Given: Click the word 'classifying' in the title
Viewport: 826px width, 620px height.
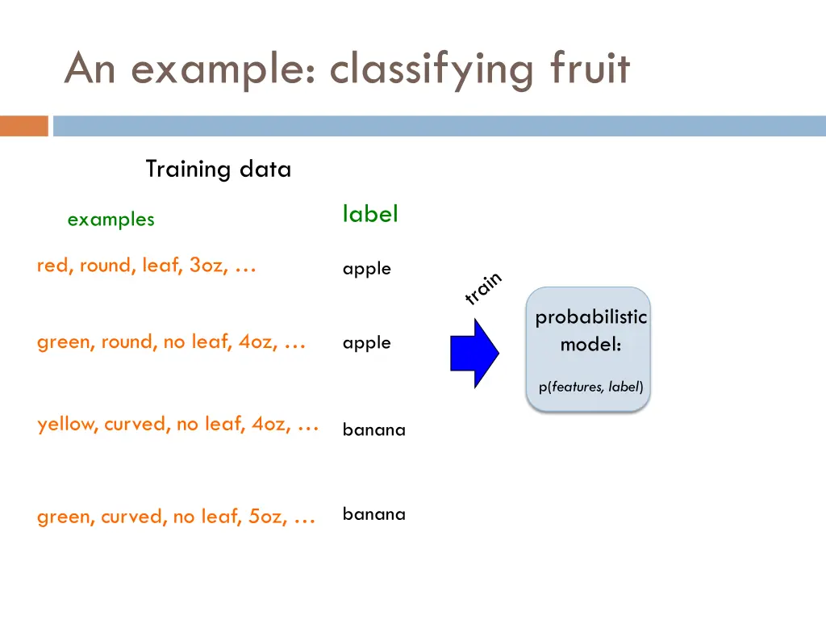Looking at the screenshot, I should click(432, 69).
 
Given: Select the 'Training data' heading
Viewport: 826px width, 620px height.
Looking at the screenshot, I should click(218, 170).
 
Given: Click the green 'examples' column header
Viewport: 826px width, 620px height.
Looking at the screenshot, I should click(111, 220).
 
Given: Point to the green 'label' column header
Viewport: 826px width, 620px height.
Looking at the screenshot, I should click(370, 215).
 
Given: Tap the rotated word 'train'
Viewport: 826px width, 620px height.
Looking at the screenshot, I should click(483, 288).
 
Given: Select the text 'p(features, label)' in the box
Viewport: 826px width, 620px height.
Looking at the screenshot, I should click(590, 387).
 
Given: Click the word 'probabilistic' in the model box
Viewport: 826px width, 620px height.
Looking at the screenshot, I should click(590, 317).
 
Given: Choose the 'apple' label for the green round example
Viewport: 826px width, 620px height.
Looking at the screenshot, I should click(366, 343).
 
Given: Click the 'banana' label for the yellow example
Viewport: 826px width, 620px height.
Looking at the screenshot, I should click(373, 429).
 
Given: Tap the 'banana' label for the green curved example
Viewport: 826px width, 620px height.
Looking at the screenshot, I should click(373, 514).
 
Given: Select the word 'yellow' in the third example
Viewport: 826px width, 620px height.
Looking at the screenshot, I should click(65, 425).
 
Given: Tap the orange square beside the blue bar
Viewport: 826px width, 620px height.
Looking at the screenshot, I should click(23, 126).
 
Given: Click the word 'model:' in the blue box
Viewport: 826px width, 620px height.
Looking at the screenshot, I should click(590, 345).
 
